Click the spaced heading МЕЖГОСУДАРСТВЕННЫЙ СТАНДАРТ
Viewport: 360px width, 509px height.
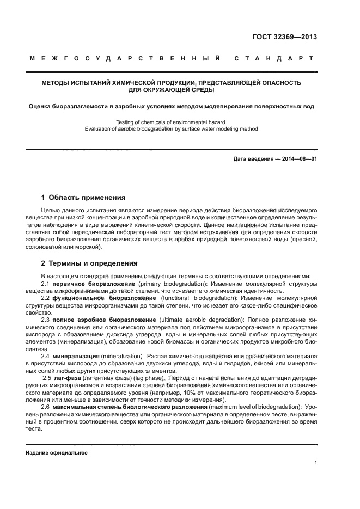click(x=172, y=58)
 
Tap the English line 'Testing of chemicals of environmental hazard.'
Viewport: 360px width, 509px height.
click(x=172, y=122)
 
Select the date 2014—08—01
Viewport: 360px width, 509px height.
click(x=298, y=158)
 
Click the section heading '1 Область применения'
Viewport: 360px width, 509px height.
click(x=83, y=197)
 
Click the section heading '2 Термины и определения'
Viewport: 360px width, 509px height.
click(x=89, y=263)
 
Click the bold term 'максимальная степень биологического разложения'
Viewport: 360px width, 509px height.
click(x=129, y=407)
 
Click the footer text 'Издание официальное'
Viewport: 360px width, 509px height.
click(x=57, y=453)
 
